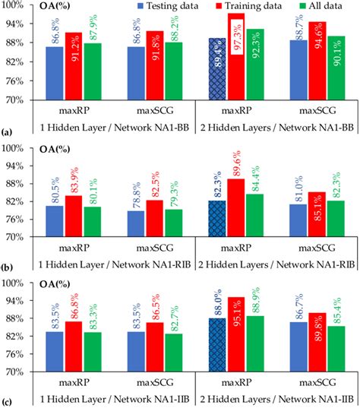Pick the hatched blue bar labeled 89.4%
[216, 69]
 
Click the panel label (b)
[7, 267]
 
